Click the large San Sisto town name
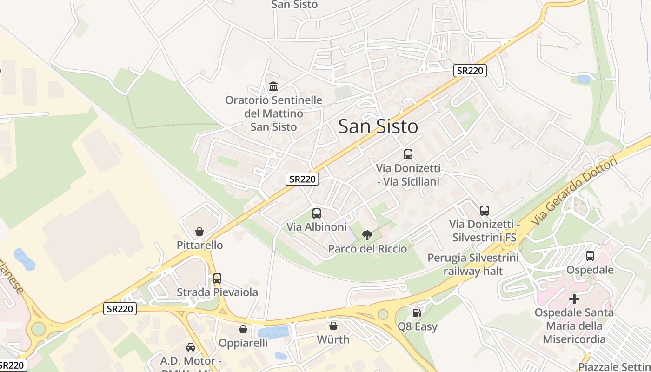tap(378, 126)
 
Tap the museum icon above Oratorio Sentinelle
tap(273, 86)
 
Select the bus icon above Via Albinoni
tap(317, 213)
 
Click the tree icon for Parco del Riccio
tap(367, 235)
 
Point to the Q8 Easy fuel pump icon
tap(417, 313)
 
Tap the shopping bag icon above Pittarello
tap(199, 232)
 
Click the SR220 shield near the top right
tap(470, 71)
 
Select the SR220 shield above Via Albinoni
tap(302, 179)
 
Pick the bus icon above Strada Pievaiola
tap(217, 279)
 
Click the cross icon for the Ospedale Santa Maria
tap(574, 299)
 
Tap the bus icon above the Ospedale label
tap(590, 256)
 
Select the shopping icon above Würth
tap(333, 326)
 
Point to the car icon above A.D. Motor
tap(191, 347)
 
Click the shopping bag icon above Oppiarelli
tap(243, 329)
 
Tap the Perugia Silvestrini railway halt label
tap(473, 264)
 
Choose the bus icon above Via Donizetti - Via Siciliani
tap(408, 154)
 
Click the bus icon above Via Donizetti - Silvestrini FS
tap(485, 211)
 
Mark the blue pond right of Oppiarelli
tap(273, 332)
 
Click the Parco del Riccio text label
tap(367, 249)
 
